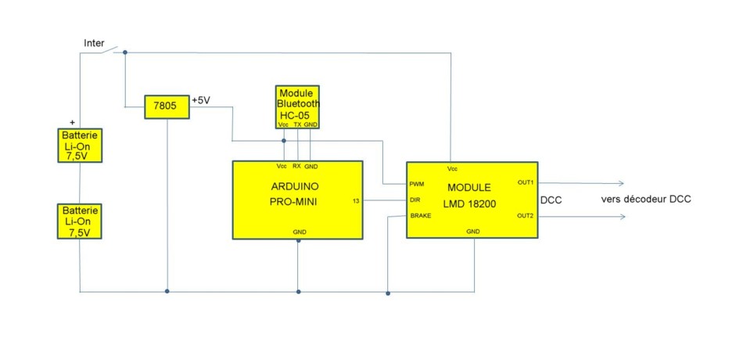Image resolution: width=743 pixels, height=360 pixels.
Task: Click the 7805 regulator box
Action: pyautogui.click(x=167, y=106)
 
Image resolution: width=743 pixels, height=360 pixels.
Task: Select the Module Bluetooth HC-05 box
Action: pyautogui.click(x=297, y=106)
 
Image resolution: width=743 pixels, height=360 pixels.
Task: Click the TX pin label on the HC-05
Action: pyautogui.click(x=297, y=124)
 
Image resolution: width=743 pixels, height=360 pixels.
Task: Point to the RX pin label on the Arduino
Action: pyautogui.click(x=296, y=167)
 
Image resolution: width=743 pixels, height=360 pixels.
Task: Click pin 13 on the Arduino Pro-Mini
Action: pyautogui.click(x=357, y=200)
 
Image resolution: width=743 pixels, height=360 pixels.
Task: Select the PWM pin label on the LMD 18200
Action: pyautogui.click(x=417, y=184)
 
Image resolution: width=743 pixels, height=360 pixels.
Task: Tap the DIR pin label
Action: pyautogui.click(x=415, y=200)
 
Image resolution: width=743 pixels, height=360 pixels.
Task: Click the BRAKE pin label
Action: pyautogui.click(x=421, y=216)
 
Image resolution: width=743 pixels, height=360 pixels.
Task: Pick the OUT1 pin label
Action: pyautogui.click(x=526, y=182)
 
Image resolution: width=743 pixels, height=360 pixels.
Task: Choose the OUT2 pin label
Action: pyautogui.click(x=526, y=216)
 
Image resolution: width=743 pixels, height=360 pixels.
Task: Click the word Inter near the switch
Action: pyautogui.click(x=95, y=43)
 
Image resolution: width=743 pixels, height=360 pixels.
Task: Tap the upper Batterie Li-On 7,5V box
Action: pyautogui.click(x=80, y=145)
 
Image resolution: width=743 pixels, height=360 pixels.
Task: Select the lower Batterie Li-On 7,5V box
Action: pyautogui.click(x=80, y=221)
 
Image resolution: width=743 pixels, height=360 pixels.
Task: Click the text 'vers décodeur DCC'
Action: pyautogui.click(x=646, y=200)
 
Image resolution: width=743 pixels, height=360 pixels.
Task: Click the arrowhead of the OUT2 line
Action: pyautogui.click(x=621, y=217)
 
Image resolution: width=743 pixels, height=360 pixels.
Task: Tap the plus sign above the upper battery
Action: pyautogui.click(x=73, y=122)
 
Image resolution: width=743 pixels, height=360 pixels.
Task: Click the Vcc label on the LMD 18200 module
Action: pyautogui.click(x=453, y=169)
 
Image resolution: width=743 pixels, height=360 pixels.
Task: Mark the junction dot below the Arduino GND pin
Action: pyautogui.click(x=299, y=241)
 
